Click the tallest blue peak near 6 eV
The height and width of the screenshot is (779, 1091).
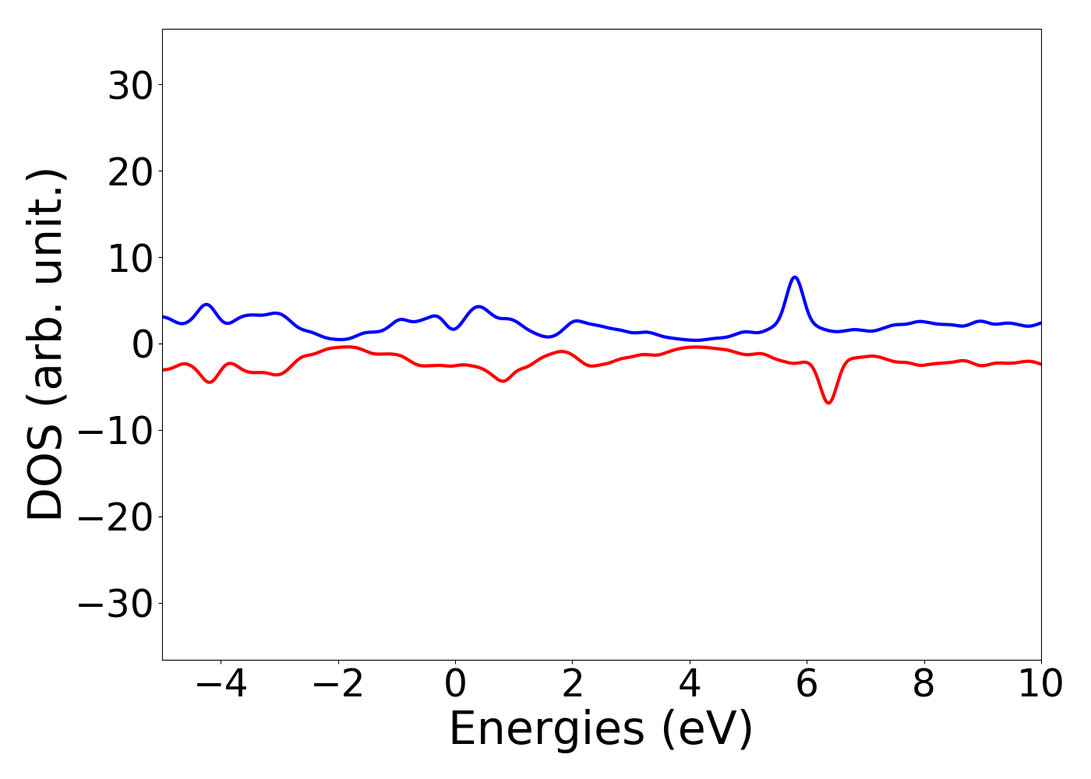[x=794, y=277]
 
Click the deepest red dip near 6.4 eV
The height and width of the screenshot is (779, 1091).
[x=828, y=403]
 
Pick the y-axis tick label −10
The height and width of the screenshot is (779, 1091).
[x=118, y=432]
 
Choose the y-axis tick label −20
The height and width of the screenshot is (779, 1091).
[x=118, y=518]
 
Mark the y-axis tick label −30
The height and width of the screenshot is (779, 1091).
[x=118, y=605]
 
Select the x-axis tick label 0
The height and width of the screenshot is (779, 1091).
[x=455, y=685]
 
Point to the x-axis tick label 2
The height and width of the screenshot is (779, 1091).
[x=573, y=685]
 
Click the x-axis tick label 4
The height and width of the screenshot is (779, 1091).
[x=690, y=685]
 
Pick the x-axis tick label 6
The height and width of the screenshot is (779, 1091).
[x=807, y=685]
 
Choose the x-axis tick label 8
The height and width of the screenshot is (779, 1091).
[x=923, y=685]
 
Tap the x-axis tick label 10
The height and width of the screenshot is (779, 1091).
[x=1040, y=685]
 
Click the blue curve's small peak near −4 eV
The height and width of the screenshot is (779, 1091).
[x=207, y=305]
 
